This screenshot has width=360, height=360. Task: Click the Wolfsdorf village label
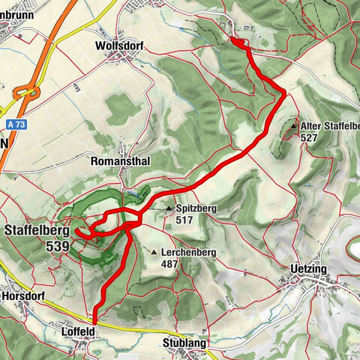[120, 45]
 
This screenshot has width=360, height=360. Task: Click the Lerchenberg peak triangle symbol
[154, 252]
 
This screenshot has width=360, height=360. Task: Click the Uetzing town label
[311, 268]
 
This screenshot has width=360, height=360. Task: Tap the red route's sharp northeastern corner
[283, 91]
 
